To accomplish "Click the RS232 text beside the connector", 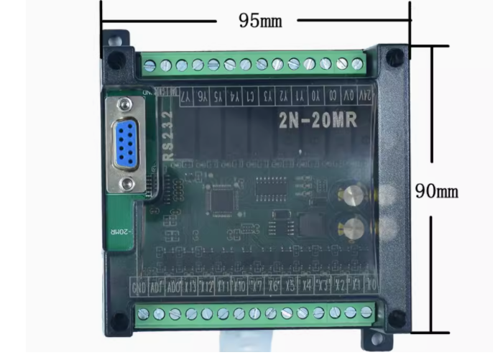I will (167, 134).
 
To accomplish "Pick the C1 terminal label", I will (250, 95).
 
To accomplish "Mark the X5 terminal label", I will (289, 284).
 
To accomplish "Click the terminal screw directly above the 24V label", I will (357, 65).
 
